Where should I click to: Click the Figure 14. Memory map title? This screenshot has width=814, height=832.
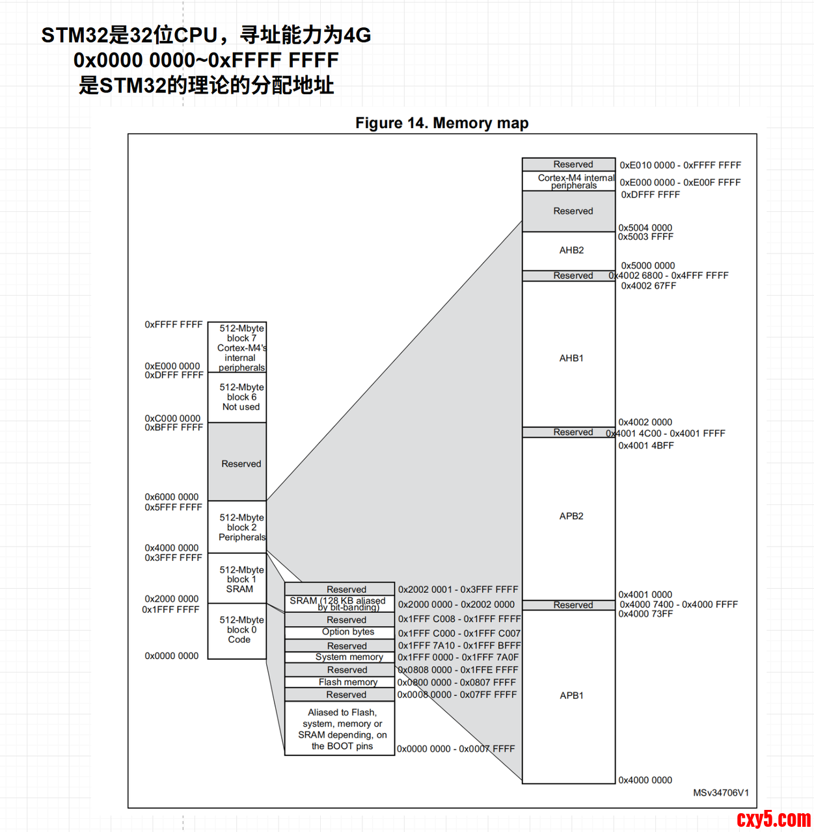click(442, 123)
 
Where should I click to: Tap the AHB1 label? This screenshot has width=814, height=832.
click(571, 358)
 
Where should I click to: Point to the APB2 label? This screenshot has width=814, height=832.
click(571, 516)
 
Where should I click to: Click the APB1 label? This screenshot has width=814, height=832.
click(571, 695)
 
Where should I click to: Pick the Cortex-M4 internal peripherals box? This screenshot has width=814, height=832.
click(569, 181)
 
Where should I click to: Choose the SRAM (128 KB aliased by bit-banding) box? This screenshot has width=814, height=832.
click(340, 604)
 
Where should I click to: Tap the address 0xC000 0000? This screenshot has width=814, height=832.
click(172, 419)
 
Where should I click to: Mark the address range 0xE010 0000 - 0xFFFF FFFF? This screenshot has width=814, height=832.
click(680, 165)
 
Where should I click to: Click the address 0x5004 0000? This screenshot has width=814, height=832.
click(645, 227)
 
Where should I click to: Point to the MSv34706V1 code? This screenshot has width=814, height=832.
click(720, 793)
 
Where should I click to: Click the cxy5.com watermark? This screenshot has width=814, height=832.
click(773, 819)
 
